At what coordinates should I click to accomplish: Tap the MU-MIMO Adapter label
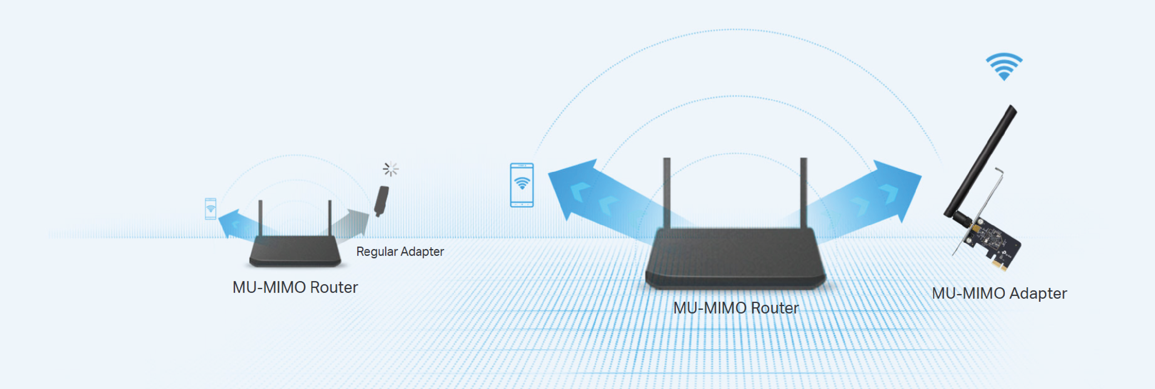coord(999,293)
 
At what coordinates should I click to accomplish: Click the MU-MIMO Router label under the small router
coord(295,288)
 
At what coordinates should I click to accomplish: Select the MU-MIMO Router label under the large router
coord(736,308)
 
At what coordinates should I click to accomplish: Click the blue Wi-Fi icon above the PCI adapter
coord(1004,66)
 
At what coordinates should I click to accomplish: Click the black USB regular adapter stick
coord(382,201)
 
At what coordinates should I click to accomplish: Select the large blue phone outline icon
coord(521,185)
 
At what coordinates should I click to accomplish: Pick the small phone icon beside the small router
coord(210,209)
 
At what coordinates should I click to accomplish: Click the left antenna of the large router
coord(667,193)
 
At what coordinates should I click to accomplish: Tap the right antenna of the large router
coord(804,193)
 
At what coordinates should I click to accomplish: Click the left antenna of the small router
coord(260,218)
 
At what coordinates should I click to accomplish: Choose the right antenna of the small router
coord(330,218)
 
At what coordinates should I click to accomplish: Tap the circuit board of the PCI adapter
coord(993,242)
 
